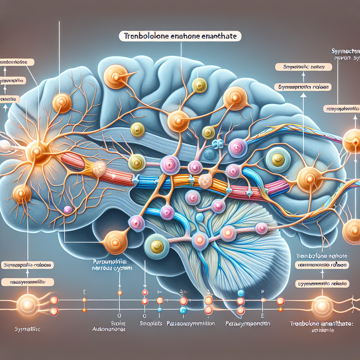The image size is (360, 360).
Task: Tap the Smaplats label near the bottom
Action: coord(151,323)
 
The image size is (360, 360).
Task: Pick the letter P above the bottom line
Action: coord(262,291)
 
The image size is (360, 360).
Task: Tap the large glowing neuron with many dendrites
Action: coord(36,151)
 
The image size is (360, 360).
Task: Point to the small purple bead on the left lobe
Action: coord(67,210)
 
